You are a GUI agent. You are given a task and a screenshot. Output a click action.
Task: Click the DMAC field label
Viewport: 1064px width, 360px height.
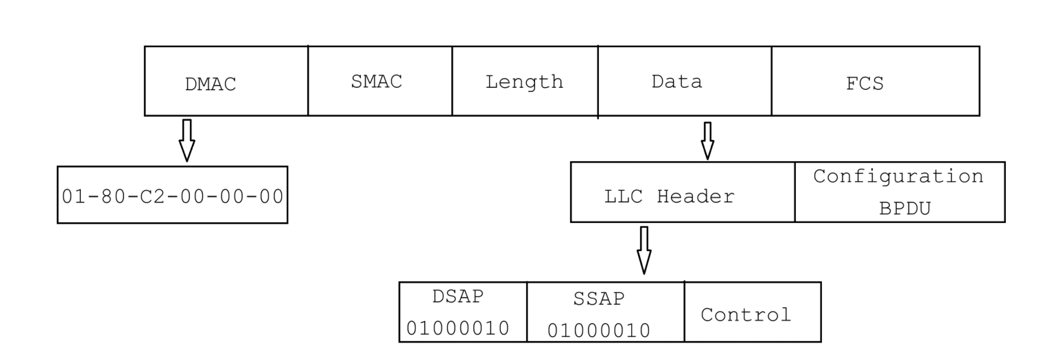211,84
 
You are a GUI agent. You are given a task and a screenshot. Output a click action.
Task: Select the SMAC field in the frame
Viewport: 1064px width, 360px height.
376,81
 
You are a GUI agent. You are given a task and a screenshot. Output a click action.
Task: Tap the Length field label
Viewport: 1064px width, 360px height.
524,82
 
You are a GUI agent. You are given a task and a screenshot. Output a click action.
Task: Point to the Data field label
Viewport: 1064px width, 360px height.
677,81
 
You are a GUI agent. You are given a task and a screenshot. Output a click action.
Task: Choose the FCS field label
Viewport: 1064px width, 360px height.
864,84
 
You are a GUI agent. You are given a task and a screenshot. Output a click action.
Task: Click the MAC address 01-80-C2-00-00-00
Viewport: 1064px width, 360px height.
173,197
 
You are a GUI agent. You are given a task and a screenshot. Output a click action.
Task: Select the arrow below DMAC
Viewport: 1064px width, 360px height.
187,140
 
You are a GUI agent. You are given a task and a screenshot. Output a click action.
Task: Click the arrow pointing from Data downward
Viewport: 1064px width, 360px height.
707,140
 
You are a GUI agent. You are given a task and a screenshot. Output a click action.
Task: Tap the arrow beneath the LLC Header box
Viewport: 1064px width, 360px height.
643,250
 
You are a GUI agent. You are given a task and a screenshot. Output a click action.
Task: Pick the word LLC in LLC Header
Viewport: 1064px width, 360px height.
623,197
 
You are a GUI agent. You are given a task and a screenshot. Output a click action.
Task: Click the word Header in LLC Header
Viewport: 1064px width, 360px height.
695,197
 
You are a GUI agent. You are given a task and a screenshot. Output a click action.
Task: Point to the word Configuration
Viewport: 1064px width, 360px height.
898,176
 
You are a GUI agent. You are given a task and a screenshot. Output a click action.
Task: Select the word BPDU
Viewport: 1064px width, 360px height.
905,209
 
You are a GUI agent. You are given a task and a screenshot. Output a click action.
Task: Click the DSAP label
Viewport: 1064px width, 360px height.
458,296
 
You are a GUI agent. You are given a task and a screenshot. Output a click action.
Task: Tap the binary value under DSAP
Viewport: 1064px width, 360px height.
458,328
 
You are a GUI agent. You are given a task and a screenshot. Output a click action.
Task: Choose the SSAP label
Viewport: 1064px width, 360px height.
599,299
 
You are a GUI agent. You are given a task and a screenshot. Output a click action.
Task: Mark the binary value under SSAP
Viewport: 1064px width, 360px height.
599,330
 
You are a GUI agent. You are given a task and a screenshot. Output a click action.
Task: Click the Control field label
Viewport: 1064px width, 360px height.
746,315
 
